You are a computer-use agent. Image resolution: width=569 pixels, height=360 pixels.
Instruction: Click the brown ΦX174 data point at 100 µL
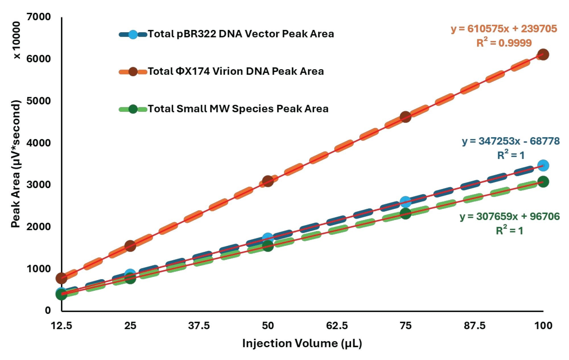(543, 55)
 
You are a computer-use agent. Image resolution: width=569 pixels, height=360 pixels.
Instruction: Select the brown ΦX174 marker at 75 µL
(405, 117)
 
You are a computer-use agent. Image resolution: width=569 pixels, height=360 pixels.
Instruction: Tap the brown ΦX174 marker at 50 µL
(268, 181)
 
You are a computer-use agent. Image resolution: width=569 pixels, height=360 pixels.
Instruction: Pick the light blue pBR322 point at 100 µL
(543, 165)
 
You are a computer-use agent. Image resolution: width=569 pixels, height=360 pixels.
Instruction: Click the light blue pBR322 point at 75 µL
(405, 202)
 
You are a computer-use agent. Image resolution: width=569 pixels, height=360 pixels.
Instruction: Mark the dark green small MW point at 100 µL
(543, 182)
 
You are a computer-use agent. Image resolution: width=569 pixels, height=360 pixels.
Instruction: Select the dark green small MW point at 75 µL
(405, 213)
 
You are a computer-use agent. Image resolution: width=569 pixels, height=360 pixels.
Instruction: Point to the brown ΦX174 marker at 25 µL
(130, 246)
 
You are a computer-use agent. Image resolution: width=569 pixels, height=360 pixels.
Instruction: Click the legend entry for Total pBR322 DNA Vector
(240, 34)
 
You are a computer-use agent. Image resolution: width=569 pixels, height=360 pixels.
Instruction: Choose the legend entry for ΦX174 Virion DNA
(235, 71)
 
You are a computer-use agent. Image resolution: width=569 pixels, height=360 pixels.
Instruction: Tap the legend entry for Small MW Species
(238, 109)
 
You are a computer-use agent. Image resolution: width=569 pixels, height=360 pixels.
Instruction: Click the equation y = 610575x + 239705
(504, 29)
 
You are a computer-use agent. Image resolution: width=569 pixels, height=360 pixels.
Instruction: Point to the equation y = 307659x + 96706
(510, 217)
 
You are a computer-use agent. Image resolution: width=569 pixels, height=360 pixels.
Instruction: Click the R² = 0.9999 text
(504, 43)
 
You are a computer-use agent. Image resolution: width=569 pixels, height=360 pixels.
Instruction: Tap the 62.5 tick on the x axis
(337, 325)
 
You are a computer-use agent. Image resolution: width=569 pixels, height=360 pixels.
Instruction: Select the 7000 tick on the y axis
(38, 17)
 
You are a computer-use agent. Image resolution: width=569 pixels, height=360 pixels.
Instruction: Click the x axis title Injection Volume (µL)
(302, 343)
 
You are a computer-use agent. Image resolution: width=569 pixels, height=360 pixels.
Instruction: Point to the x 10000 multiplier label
(17, 40)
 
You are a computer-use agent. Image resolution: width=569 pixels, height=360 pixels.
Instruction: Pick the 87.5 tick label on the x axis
(475, 325)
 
